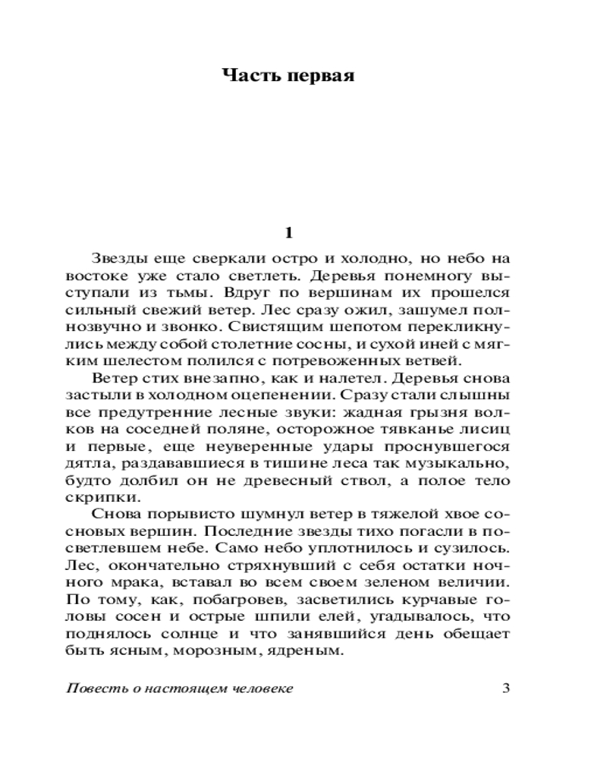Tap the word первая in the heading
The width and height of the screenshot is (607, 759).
coord(321,77)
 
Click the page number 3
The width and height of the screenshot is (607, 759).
coord(507,688)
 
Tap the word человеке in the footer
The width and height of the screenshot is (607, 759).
coord(262,688)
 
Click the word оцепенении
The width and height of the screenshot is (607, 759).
coord(288,395)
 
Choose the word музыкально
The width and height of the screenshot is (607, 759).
coord(463,463)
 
